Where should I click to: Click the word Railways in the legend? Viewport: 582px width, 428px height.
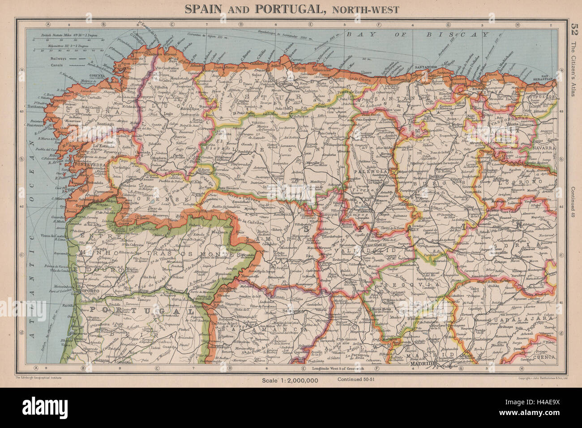click(x=59, y=58)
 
